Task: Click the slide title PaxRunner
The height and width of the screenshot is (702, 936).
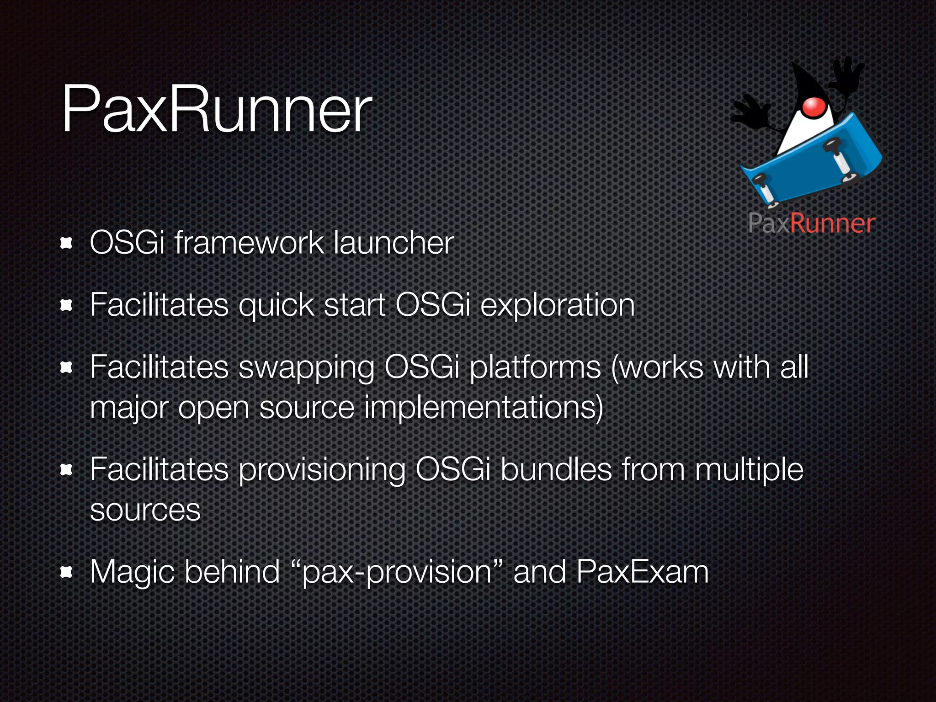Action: click(217, 110)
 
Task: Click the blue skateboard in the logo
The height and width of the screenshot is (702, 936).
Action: click(809, 165)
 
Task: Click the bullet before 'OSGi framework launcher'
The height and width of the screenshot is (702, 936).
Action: click(67, 243)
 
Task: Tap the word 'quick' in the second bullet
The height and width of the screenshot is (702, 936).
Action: click(277, 305)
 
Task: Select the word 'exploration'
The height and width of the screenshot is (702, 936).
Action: click(558, 305)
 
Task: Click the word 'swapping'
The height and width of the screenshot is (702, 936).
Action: click(306, 368)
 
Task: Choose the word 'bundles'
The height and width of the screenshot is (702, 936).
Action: click(556, 469)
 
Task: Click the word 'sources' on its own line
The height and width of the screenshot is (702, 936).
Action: click(145, 510)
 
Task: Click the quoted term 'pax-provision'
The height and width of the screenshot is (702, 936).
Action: click(397, 572)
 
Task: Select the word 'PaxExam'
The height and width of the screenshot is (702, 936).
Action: click(642, 572)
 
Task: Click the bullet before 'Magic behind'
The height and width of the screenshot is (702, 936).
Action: click(67, 572)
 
